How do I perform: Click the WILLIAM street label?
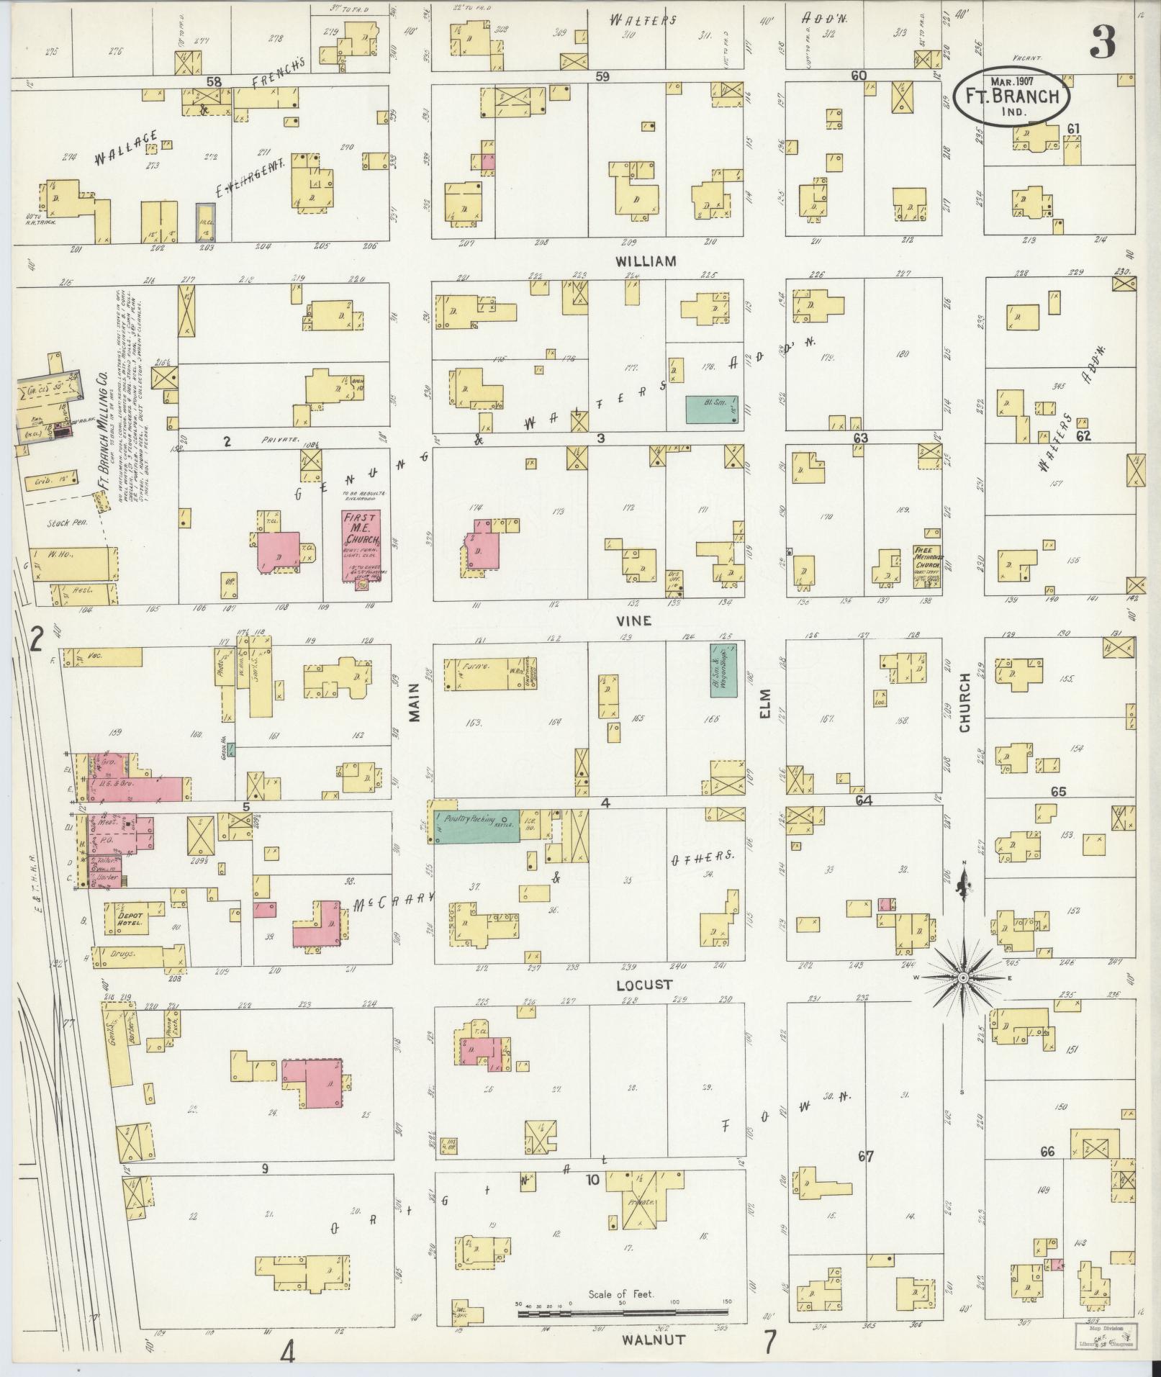[x=646, y=262]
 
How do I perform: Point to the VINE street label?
[x=633, y=620]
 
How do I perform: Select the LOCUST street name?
[x=644, y=984]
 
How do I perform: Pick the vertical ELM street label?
[x=764, y=703]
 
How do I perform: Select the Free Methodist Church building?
[x=927, y=566]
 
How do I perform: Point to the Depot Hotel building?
[x=127, y=918]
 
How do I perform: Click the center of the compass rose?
[x=963, y=978]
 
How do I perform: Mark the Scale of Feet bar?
[x=624, y=1314]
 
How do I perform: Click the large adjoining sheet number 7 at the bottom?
[x=770, y=1342]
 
